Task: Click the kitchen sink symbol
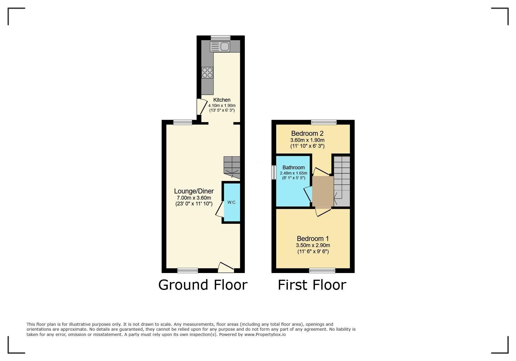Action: click(x=220, y=47)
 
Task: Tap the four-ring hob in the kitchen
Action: click(x=207, y=73)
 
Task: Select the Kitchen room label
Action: click(x=222, y=100)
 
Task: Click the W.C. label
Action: click(x=232, y=202)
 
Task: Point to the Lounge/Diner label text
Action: click(x=194, y=191)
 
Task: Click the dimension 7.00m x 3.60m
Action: click(x=194, y=198)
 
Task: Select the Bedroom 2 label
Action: click(x=307, y=133)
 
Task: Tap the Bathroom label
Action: click(x=293, y=168)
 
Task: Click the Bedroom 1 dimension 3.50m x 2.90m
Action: click(x=313, y=245)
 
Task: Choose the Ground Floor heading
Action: click(x=203, y=285)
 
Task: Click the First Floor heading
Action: click(x=312, y=285)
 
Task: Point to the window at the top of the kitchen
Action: click(x=221, y=38)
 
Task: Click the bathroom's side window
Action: click(x=274, y=172)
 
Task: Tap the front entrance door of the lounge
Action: click(x=226, y=268)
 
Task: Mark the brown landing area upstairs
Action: click(x=323, y=191)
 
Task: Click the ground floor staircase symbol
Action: click(x=232, y=167)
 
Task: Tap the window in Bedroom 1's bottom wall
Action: click(x=322, y=270)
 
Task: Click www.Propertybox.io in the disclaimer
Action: click(x=265, y=334)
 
